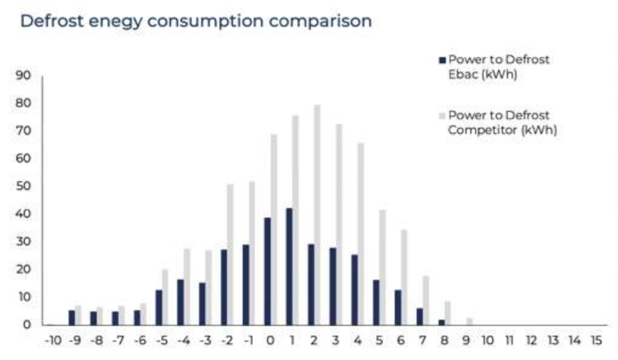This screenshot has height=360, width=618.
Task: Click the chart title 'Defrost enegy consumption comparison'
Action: (x=196, y=21)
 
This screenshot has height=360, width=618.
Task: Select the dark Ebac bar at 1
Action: (x=290, y=266)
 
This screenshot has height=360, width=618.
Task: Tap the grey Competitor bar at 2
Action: (x=317, y=215)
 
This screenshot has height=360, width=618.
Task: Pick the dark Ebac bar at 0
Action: (x=268, y=271)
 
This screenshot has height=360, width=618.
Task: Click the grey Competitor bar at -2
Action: (x=230, y=255)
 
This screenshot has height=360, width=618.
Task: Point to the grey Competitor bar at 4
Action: (x=361, y=234)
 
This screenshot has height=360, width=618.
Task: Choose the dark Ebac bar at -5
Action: (x=159, y=308)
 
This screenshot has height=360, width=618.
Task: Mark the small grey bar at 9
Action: (x=470, y=322)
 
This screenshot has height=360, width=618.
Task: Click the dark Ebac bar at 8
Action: (x=442, y=322)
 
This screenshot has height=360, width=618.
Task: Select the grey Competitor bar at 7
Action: (x=426, y=301)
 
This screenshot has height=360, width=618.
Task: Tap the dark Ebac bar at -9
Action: (x=72, y=318)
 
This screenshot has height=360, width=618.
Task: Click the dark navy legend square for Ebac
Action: (x=442, y=60)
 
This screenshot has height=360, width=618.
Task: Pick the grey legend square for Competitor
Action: (x=442, y=116)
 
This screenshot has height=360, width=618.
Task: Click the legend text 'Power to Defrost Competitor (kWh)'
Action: (x=502, y=122)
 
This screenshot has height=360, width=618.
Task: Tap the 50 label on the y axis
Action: (x=23, y=186)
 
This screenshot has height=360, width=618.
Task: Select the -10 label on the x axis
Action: (x=54, y=340)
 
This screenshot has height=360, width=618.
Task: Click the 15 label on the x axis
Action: (x=597, y=340)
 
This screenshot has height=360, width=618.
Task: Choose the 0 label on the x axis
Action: (x=270, y=340)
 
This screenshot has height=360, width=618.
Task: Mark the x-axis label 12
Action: (x=532, y=340)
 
